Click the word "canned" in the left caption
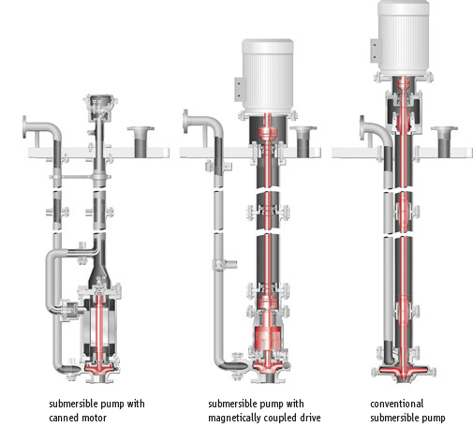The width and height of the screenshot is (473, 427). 65,418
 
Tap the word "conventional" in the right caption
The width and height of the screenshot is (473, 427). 396,404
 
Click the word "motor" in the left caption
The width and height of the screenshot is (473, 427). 95,418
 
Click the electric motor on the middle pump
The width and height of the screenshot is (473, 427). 268,77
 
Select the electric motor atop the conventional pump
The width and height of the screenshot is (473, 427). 404,37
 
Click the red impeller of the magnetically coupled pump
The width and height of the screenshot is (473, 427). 268,366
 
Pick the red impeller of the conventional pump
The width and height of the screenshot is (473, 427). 404,372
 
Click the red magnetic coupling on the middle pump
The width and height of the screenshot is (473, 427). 267,337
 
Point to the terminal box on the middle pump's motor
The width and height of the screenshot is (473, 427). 240,89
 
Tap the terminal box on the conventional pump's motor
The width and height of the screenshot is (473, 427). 376,51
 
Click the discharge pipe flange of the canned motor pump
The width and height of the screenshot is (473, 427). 24,126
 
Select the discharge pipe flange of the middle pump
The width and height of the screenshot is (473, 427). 185,121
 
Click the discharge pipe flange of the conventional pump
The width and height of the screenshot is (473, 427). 362,127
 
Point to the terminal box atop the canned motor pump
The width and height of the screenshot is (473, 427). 100,107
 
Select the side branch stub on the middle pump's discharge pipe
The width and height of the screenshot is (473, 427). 230,265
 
